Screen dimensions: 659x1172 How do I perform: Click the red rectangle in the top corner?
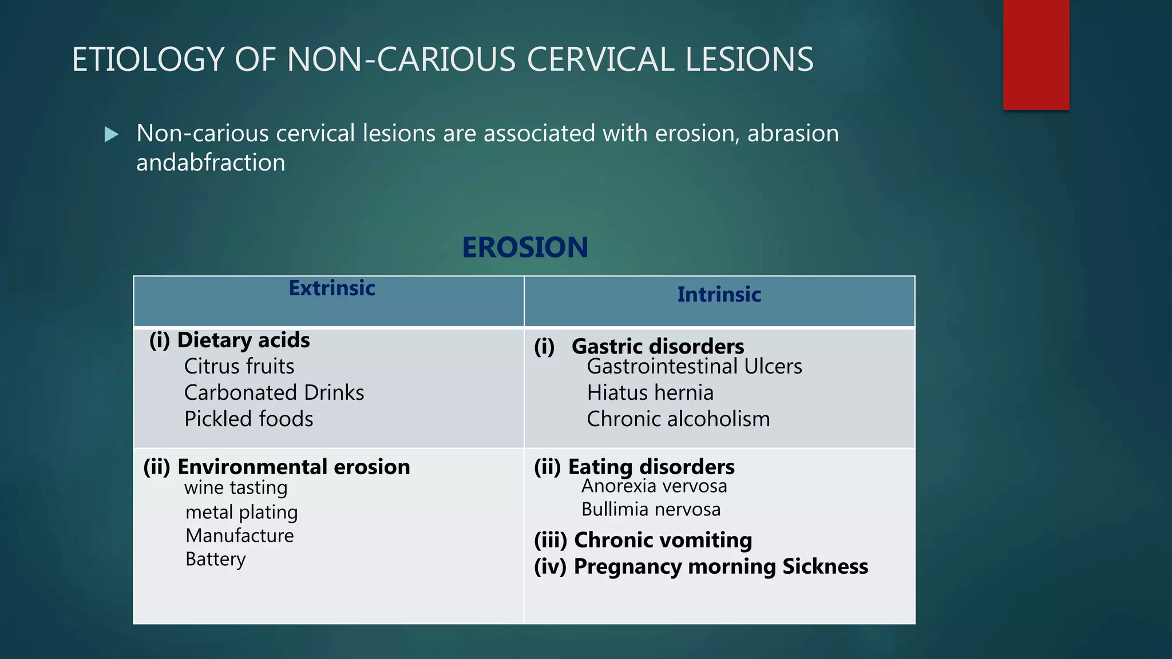point(1036,54)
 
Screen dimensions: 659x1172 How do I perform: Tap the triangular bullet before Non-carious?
point(112,135)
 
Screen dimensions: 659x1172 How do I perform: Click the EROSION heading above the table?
point(525,248)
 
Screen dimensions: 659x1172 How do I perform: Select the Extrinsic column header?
point(331,288)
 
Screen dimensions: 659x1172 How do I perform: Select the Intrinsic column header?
point(719,295)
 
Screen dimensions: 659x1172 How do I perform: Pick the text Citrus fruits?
point(239,367)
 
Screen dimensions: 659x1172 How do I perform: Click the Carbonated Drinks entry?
point(274,393)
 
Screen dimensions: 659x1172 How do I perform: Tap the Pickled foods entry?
point(248,419)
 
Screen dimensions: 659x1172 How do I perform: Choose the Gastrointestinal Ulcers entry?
point(694,367)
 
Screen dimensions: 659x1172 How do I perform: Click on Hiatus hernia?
point(650,393)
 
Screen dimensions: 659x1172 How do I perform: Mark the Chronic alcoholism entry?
point(678,419)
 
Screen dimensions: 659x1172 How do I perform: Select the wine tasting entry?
point(236,488)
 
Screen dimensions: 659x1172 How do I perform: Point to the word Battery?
point(215,559)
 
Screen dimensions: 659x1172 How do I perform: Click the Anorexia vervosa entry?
point(654,486)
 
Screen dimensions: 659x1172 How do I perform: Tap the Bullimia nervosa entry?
point(651,510)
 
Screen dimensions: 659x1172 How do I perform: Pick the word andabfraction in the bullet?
point(211,163)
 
